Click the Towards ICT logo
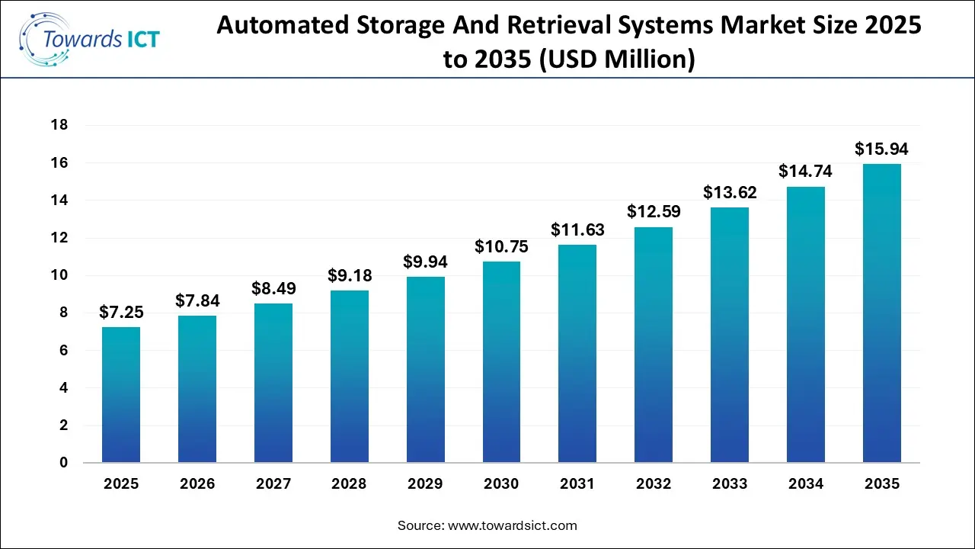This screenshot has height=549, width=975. coord(90,38)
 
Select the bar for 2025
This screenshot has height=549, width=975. coord(121,395)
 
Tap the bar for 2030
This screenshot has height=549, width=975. coord(501,362)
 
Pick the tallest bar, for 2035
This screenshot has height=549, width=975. coord(881,313)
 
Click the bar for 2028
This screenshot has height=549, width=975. coord(349,377)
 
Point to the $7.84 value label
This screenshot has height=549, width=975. coord(197,301)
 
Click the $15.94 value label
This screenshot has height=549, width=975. coord(881,149)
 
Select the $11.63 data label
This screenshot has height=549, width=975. coord(577,230)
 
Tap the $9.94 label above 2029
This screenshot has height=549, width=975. coord(425,262)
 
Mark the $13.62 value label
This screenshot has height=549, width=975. coord(729,192)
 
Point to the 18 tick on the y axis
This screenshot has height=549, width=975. coord(59,125)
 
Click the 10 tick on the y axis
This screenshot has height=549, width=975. coord(59,275)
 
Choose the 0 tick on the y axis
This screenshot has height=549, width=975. coord(63,463)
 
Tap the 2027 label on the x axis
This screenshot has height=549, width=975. coord(273,484)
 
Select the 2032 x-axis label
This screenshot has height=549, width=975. coord(654,484)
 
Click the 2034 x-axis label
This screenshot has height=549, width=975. coord(805,484)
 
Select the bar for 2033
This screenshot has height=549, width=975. coord(729,335)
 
